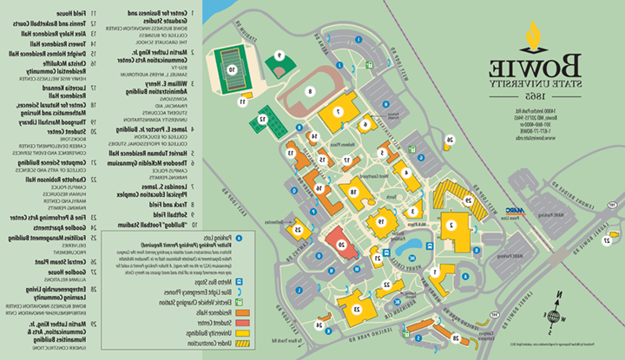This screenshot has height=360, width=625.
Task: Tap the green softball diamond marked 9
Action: coord(279,62)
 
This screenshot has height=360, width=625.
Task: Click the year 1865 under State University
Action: coord(533,95)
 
